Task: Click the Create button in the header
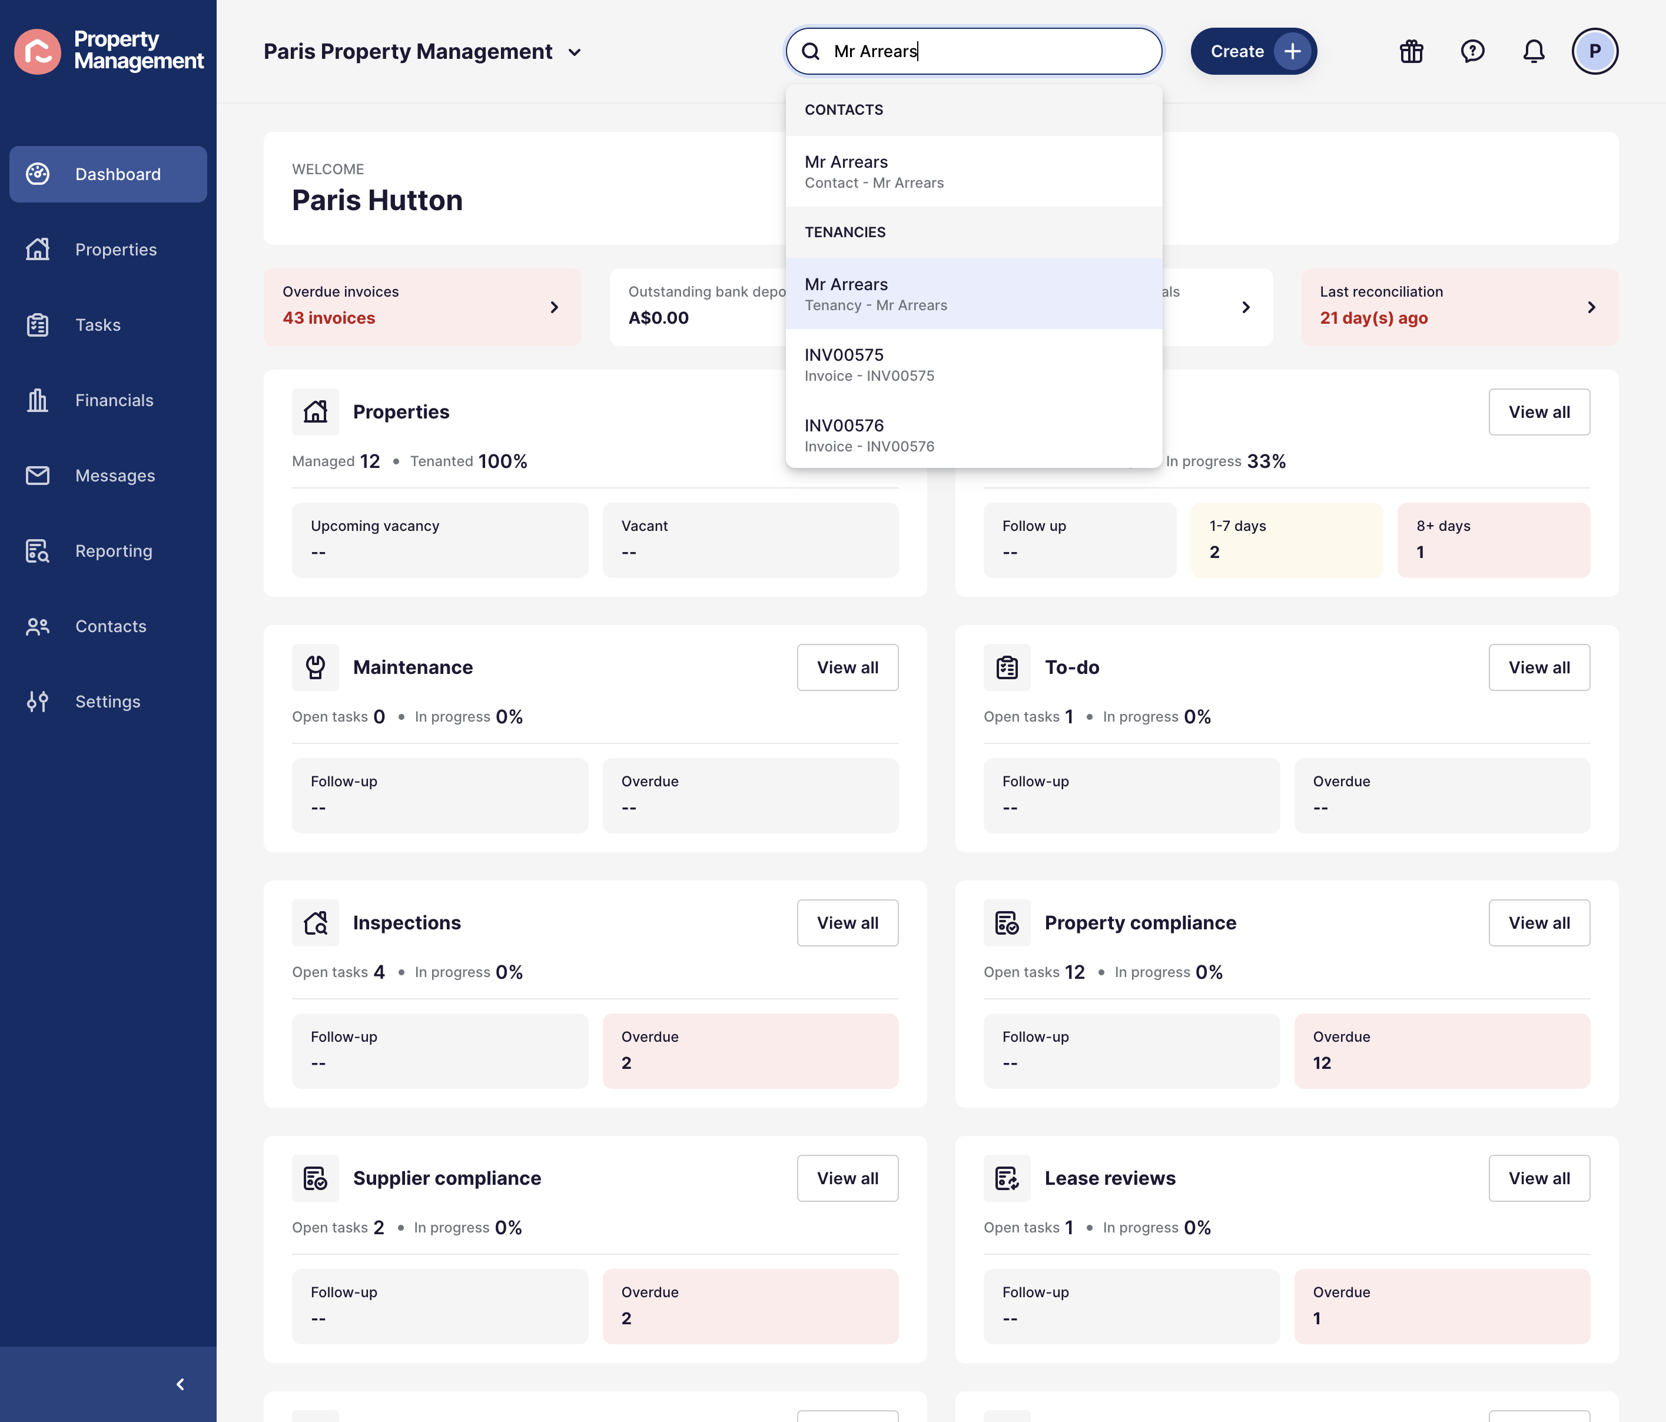[1253, 51]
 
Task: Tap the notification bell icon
[1534, 51]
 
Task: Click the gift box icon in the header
[1411, 51]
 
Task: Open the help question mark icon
[1472, 51]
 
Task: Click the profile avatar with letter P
[1594, 51]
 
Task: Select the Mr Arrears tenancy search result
[973, 293]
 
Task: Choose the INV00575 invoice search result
[973, 364]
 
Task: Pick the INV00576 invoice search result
[973, 435]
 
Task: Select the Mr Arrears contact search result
[973, 171]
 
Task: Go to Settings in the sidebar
[108, 702]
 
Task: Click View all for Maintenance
[848, 667]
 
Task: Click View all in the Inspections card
[848, 923]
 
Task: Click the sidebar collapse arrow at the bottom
[180, 1384]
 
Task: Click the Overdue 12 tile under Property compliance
[1442, 1051]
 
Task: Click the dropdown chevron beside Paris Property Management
[574, 53]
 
